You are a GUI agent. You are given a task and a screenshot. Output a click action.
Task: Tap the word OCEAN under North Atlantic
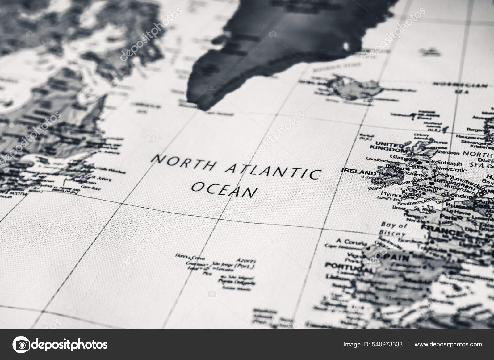224,190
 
